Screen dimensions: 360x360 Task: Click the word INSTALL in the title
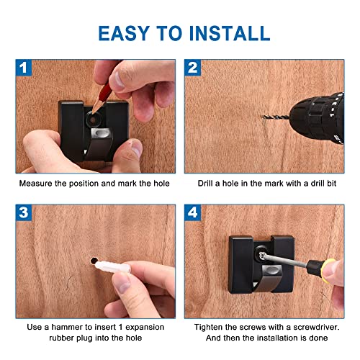coord(230,33)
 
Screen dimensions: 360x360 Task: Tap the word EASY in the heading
coord(124,33)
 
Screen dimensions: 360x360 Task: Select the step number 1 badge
coord(24,68)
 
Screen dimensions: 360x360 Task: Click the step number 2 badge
coord(192,68)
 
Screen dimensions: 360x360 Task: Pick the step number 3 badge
coord(24,212)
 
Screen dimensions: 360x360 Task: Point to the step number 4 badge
coord(192,212)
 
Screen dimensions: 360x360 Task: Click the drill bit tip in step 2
coord(262,117)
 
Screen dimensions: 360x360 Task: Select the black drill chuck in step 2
coord(317,117)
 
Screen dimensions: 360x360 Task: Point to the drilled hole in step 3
coord(94,261)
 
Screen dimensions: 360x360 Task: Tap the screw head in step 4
coord(263,256)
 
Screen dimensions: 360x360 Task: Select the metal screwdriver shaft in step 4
coord(286,261)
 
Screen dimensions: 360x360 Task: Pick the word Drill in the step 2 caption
coord(205,184)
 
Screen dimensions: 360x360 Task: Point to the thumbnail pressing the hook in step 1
coord(136,148)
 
